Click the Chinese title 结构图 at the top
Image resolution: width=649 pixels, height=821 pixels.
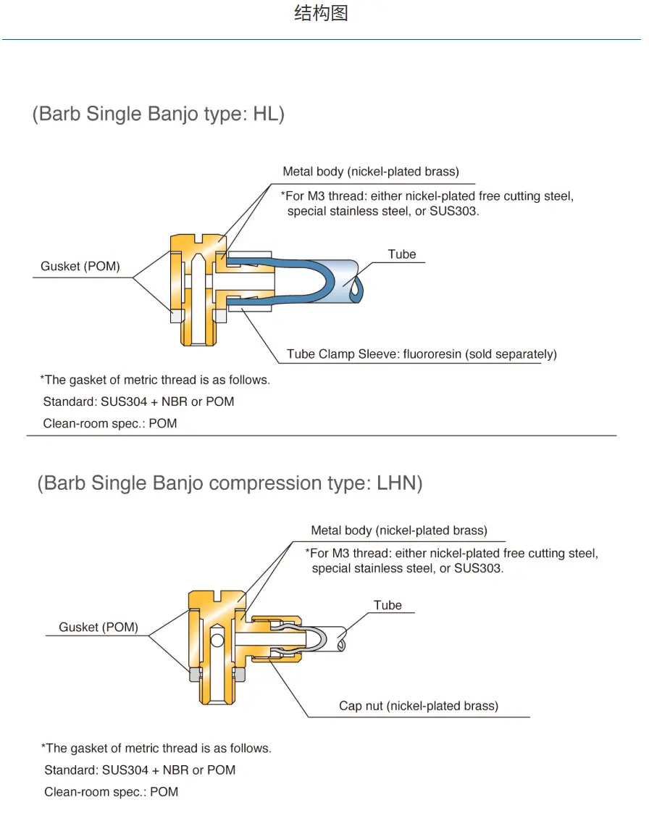321,12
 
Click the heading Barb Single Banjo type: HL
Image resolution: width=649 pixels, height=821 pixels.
158,114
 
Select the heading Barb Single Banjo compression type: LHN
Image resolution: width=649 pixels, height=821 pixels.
230,483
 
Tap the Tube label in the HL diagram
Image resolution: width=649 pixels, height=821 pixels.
402,254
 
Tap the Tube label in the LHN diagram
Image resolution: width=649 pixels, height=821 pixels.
388,605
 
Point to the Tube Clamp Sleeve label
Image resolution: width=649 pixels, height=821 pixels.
422,354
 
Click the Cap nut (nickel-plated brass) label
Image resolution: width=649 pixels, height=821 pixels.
419,706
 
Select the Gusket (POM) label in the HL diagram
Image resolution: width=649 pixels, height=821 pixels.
80,266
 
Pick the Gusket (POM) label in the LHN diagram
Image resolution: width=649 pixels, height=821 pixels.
99,627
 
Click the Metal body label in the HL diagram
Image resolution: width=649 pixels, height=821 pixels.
371,171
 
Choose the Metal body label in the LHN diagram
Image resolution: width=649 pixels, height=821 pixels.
399,530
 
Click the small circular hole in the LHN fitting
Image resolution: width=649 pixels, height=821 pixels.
217,639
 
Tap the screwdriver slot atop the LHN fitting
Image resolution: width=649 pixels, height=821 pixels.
217,596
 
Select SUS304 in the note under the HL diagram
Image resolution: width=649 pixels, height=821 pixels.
124,401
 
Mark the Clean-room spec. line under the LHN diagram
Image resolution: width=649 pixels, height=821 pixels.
111,792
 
